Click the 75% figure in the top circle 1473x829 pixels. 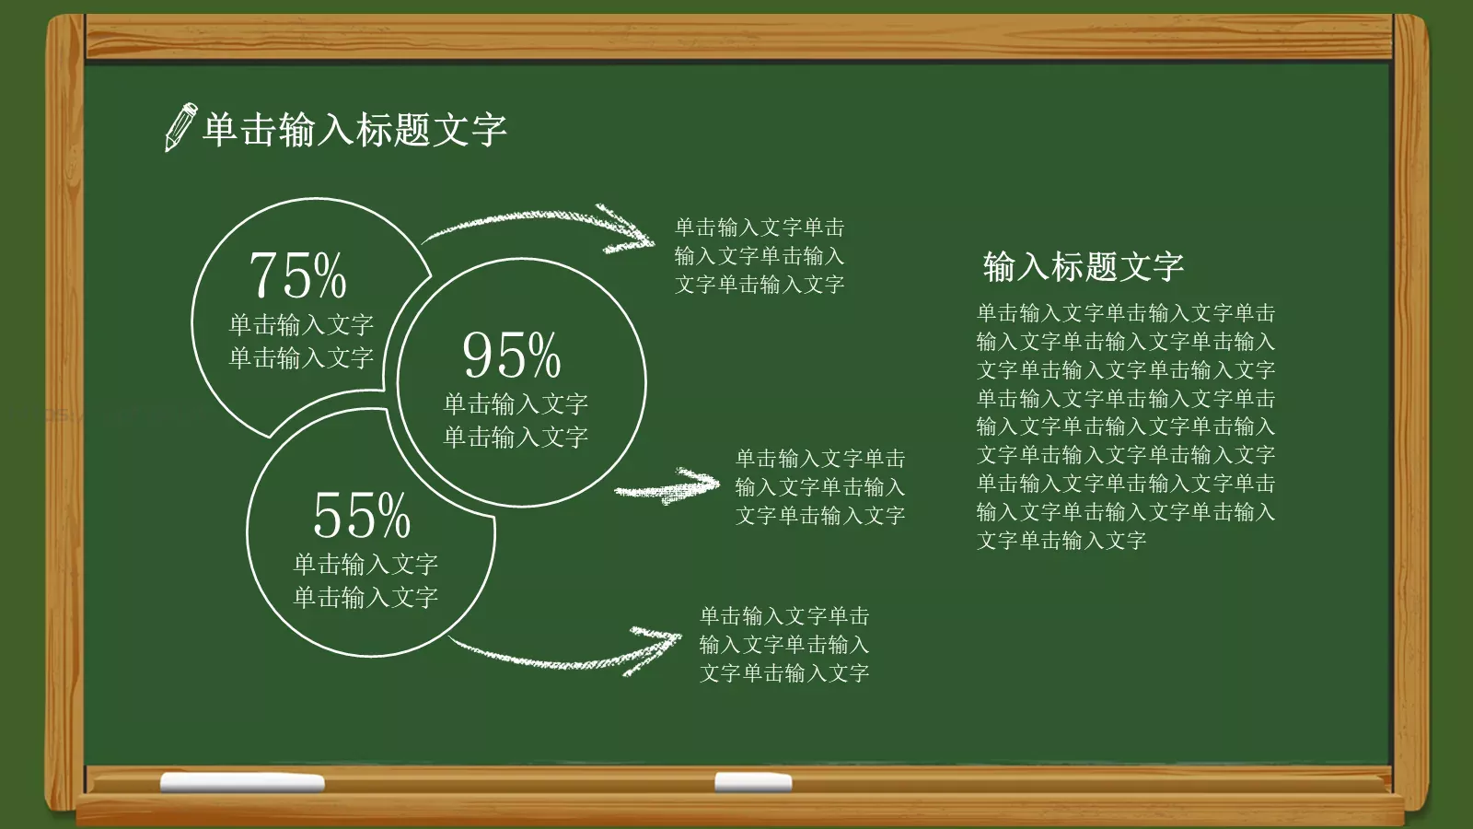pyautogui.click(x=297, y=275)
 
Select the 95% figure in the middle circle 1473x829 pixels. pyautogui.click(x=511, y=356)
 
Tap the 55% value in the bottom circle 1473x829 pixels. pyautogui.click(x=361, y=515)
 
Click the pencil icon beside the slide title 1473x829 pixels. pyautogui.click(x=180, y=127)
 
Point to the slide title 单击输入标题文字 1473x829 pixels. pyautogui.click(x=354, y=130)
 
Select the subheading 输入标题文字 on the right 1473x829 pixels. pyautogui.click(x=1083, y=267)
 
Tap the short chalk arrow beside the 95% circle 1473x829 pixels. pyautogui.click(x=667, y=486)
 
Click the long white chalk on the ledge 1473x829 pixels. pyautogui.click(x=242, y=783)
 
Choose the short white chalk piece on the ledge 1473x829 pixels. pyautogui.click(x=753, y=783)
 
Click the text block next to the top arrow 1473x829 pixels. pyautogui.click(x=760, y=256)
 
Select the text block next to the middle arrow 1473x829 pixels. pyautogui.click(x=820, y=487)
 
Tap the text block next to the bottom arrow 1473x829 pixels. pyautogui.click(x=784, y=645)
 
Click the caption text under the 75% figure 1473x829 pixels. pyautogui.click(x=301, y=341)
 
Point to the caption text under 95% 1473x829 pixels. pyautogui.click(x=516, y=420)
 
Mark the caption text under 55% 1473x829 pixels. pyautogui.click(x=365, y=580)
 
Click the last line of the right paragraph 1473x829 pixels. pyautogui.click(x=1061, y=541)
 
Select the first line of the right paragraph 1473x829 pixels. pyautogui.click(x=1126, y=313)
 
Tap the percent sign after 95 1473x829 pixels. pyautogui.click(x=544, y=356)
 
